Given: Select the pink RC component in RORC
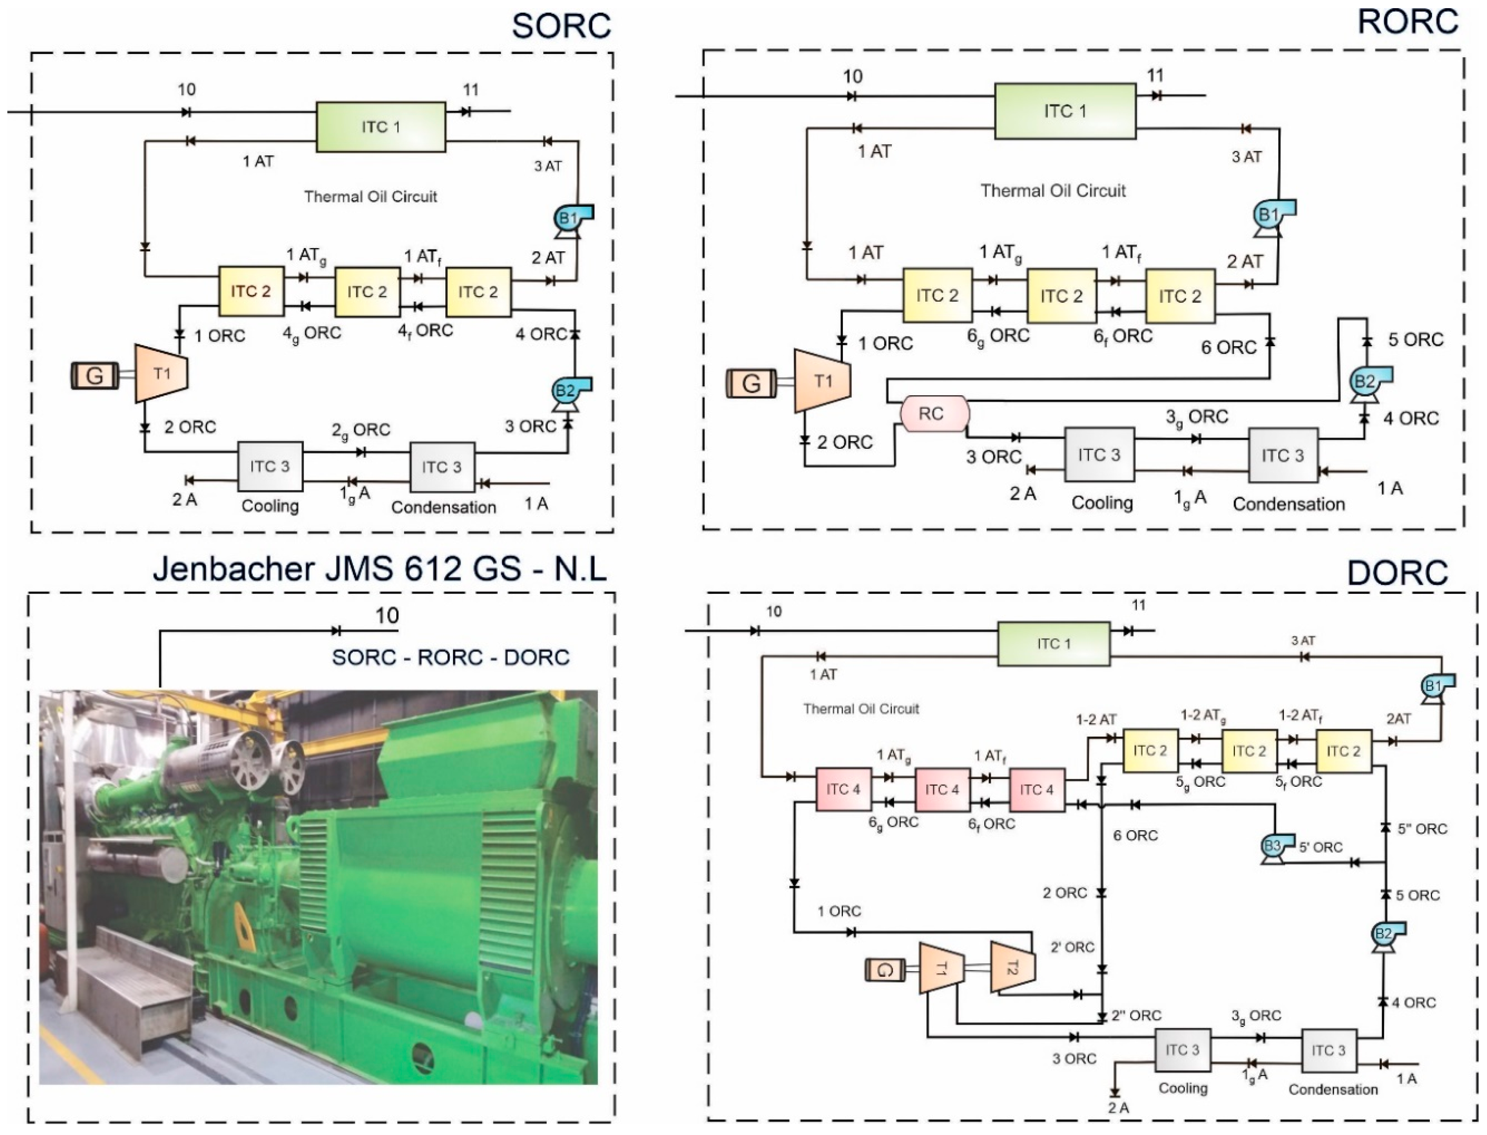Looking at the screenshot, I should pos(934,414).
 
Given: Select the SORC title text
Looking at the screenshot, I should pos(560,26).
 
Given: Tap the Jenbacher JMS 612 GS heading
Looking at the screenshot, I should pos(380,569).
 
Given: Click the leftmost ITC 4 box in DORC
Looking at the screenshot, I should pos(844,789).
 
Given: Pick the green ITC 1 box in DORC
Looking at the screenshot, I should pos(1054,644).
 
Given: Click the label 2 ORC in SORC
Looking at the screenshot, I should pos(190,427).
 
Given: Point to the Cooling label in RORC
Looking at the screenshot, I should pos(1102,503).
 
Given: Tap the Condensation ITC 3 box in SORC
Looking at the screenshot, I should pos(442,467).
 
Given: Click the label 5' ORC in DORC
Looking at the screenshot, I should pos(1320,847).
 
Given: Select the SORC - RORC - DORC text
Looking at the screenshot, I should pos(451,657).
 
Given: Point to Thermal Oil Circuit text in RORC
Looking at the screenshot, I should pos(1053,191).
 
